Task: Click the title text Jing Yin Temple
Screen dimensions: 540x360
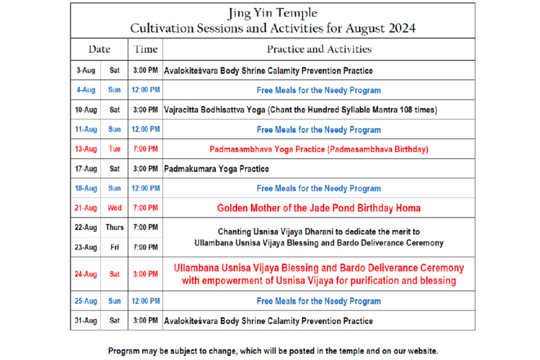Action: coord(272,13)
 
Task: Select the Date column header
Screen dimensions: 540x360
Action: coord(99,49)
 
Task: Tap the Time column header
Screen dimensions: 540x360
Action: coord(145,49)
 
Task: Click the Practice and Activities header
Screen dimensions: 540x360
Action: coord(319,49)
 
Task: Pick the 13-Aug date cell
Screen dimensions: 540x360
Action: coord(86,149)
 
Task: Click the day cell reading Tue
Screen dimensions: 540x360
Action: coord(115,149)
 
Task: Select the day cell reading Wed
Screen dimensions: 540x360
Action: coord(115,208)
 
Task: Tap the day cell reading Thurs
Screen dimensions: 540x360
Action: coord(115,228)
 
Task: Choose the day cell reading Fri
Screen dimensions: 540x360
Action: coord(115,247)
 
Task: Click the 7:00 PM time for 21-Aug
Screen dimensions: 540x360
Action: coord(145,208)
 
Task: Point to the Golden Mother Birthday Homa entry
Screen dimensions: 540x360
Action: coord(319,208)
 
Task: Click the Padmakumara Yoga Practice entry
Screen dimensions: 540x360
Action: coord(216,169)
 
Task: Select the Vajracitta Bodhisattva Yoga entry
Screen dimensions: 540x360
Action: coord(301,110)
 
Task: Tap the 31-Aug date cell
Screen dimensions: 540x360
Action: coord(86,321)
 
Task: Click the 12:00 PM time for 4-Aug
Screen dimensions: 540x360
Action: coord(146,90)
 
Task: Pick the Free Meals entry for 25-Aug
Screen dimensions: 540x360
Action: coord(319,301)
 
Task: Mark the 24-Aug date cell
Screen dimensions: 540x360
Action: coord(86,274)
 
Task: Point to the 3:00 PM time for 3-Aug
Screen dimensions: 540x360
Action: coord(145,70)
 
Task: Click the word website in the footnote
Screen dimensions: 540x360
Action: coord(423,351)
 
